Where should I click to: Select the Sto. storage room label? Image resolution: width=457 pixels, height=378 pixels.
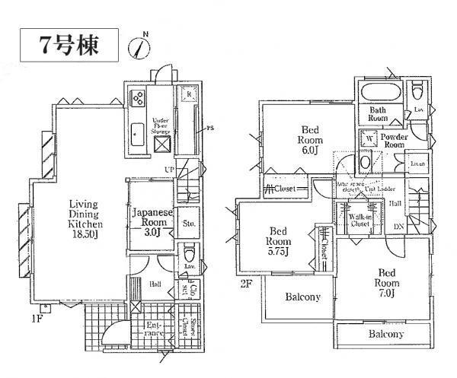[190, 223]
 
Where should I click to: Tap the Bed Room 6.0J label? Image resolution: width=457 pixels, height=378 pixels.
[309, 140]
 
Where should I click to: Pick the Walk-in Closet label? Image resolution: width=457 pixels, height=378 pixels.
[360, 221]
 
